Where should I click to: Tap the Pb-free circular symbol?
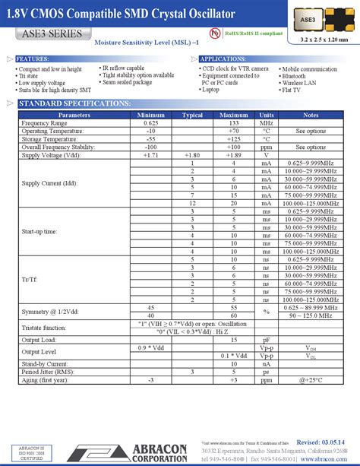point(216,34)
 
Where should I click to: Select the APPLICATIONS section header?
point(223,59)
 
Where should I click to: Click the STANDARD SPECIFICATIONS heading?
point(74,103)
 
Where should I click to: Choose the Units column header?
point(267,115)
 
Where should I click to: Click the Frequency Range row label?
point(45,122)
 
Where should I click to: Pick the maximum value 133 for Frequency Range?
point(234,122)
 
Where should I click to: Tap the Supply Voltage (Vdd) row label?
point(52,155)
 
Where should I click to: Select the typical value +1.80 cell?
point(192,155)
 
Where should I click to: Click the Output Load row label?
point(40,340)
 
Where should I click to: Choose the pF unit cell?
point(267,340)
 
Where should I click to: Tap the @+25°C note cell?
point(311,379)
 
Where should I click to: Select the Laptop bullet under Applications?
point(211,90)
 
